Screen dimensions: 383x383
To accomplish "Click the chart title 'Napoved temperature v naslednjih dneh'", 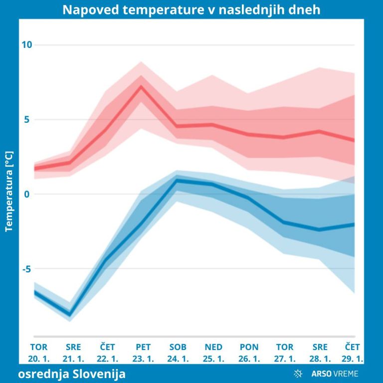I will (x=191, y=10).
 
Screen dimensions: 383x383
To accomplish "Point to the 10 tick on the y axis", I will (x=26, y=45).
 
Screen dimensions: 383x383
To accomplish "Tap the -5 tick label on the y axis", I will (x=26, y=269).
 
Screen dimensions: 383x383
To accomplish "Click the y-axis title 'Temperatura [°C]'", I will (x=8, y=191).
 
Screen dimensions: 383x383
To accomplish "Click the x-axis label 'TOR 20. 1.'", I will (x=39, y=353).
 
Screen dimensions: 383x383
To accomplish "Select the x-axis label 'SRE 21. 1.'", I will (x=73, y=353).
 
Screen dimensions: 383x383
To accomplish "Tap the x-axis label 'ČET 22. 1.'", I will (x=108, y=353).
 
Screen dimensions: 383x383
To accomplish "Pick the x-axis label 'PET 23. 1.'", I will (x=143, y=353).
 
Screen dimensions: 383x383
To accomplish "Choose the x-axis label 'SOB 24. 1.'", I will (x=178, y=353).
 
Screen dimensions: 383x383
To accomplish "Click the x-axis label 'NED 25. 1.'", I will (x=213, y=353).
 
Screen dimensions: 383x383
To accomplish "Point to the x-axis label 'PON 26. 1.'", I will (x=249, y=353).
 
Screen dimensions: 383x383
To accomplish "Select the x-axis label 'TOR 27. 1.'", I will (x=285, y=353).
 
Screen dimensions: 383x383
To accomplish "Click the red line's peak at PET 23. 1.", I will (x=142, y=86).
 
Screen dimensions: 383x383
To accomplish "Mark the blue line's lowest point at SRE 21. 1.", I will (x=70, y=315).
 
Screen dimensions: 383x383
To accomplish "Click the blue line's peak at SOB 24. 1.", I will (x=177, y=180).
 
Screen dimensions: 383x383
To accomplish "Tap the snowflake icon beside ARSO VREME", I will (x=298, y=374).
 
